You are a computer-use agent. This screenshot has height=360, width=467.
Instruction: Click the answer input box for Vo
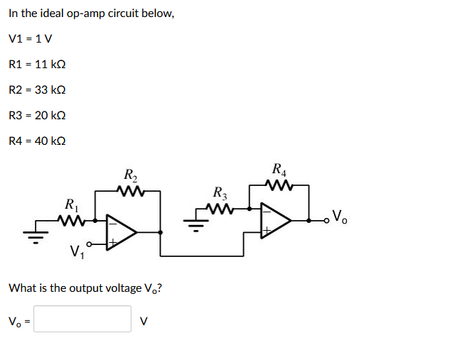tap(82, 319)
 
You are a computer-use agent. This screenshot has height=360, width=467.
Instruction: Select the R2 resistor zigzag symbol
tap(131, 190)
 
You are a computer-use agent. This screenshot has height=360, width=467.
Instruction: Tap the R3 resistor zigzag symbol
tap(221, 209)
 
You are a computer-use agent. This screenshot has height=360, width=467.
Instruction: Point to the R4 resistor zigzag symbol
tap(279, 186)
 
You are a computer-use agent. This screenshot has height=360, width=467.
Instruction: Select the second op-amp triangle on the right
tap(274, 220)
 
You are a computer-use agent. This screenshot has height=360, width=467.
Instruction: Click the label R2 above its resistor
tap(131, 175)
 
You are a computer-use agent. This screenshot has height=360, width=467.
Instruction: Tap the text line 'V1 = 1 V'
tap(31, 38)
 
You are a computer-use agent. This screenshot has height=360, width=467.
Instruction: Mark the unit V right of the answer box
tap(144, 320)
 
